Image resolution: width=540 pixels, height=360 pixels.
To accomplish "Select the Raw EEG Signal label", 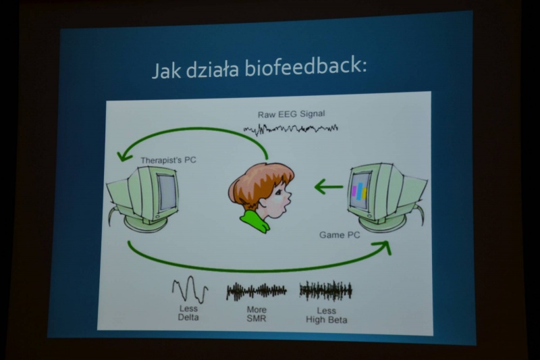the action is (292, 114).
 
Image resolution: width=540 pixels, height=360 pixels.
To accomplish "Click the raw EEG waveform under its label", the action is (291, 129).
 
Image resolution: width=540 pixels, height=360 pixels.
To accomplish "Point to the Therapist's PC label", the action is (168, 160).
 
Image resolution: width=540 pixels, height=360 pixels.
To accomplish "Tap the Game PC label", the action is (340, 235).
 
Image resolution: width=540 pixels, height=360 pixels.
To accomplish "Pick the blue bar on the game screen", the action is (360, 191).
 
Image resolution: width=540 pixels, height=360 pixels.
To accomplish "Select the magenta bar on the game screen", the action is (354, 191).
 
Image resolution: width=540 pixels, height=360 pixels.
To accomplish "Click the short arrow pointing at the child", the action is (329, 187).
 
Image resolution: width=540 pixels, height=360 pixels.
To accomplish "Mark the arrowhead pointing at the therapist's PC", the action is (124, 156).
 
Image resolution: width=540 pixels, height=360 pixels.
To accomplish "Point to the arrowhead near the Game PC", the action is (385, 247).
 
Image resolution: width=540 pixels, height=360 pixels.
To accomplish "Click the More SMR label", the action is (256, 314).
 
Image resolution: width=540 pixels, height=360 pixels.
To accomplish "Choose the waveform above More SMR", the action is (256, 291).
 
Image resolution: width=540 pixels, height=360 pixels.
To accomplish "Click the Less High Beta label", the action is (327, 315).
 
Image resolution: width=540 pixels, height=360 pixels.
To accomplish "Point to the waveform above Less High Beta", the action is (326, 290).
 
